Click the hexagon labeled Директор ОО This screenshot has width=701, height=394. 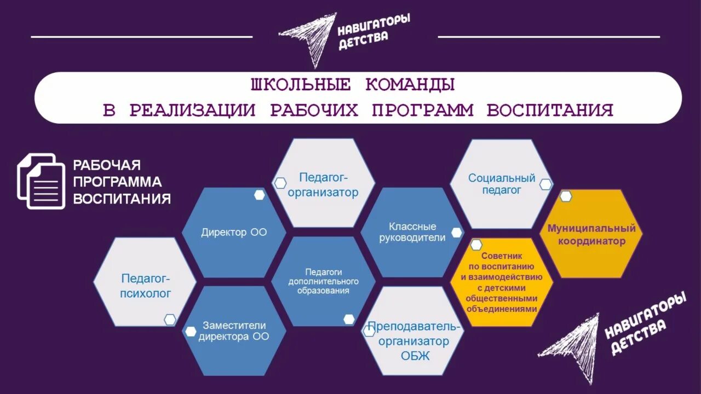click(x=234, y=232)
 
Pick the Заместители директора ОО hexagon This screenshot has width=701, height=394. click(x=234, y=331)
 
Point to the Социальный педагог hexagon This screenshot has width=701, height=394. click(x=501, y=184)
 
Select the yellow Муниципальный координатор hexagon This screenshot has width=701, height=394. click(x=591, y=234)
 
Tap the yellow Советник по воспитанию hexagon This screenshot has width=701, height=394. click(x=502, y=282)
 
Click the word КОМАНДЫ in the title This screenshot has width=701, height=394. click(x=410, y=85)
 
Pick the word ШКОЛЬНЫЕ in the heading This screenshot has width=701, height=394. click(x=300, y=85)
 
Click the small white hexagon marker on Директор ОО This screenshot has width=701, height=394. click(x=260, y=195)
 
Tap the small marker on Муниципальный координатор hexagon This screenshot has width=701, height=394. click(x=566, y=196)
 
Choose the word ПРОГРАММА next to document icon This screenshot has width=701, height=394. click(x=117, y=182)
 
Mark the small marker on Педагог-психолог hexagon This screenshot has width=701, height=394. click(x=170, y=320)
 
